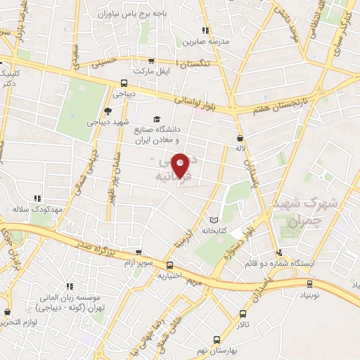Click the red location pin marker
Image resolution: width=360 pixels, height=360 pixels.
click(x=181, y=165)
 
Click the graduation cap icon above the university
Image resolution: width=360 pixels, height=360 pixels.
click(x=157, y=119)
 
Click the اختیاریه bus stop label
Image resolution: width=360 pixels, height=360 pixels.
click(x=171, y=275)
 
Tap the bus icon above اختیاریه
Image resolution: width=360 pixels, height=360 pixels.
click(x=170, y=264)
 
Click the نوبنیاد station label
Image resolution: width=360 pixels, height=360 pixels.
click(x=307, y=295)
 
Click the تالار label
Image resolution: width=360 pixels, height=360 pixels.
click(x=243, y=324)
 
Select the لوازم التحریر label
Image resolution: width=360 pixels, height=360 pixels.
click(x=22, y=321)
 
